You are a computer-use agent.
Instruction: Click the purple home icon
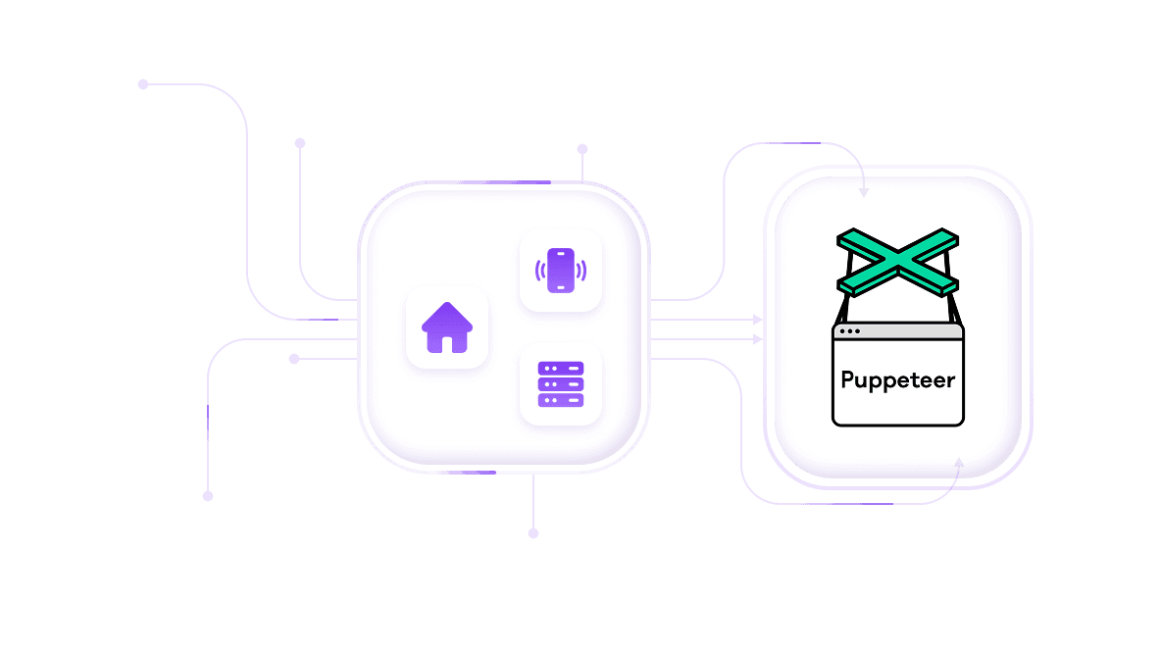[x=447, y=327]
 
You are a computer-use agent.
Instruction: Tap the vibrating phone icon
[x=560, y=271]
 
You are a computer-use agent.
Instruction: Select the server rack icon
[x=560, y=383]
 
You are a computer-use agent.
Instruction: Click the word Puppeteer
[x=897, y=379]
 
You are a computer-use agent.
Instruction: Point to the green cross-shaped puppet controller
[x=897, y=262]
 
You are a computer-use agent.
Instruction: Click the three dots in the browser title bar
[x=850, y=331]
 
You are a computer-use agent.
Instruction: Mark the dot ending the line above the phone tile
[x=582, y=150]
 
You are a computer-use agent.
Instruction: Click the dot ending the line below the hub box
[x=533, y=533]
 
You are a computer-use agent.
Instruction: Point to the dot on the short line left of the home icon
[x=294, y=359]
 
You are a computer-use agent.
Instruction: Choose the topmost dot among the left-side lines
[x=143, y=84]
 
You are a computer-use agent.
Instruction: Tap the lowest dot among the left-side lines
[x=208, y=496]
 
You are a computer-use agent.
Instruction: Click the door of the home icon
[x=447, y=342]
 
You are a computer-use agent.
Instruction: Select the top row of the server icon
[x=560, y=368]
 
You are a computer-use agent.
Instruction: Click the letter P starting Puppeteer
[x=849, y=379]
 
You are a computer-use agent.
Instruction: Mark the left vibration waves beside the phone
[x=539, y=271]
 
